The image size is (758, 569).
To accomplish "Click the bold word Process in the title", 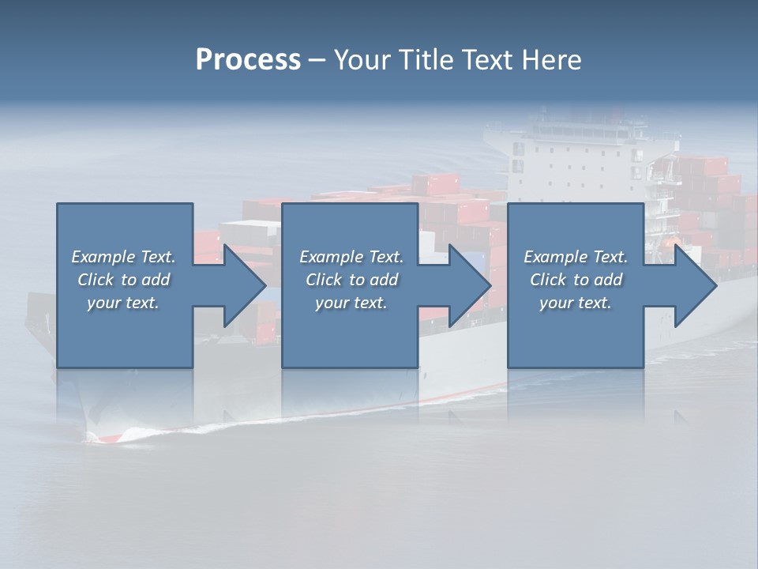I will pos(248,60).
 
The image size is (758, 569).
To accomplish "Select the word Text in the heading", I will pos(488,60).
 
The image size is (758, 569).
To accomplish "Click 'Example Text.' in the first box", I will pos(123,257).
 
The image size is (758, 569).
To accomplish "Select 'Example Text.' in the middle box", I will pos(351,257).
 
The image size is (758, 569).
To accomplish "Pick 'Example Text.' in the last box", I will pos(576,257).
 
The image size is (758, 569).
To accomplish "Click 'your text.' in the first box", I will pos(123,303).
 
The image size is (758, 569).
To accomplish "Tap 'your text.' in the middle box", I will pos(351,303).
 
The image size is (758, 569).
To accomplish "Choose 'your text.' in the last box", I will pos(576,303).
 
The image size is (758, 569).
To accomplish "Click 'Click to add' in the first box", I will pos(123,280).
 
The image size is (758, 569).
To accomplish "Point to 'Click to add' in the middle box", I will pos(351,280).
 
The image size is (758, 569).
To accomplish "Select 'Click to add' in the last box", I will pos(576,280).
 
